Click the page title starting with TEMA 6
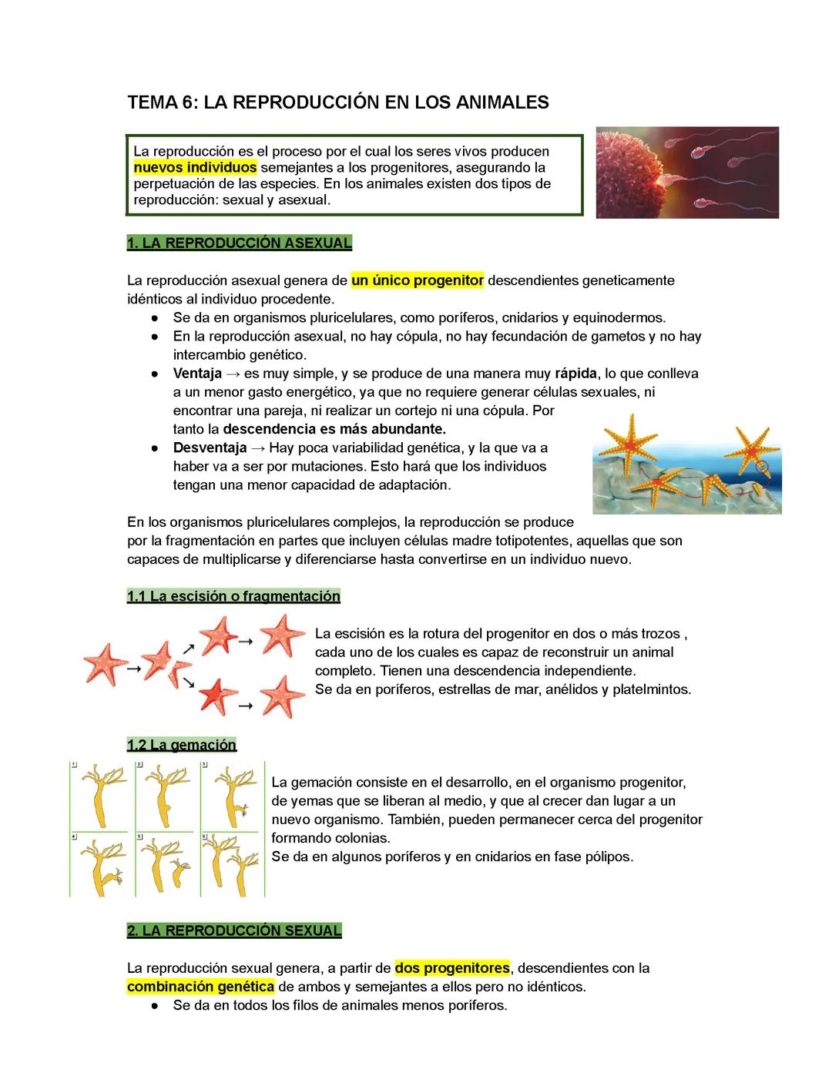click(x=337, y=102)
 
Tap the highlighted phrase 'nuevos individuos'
click(x=195, y=167)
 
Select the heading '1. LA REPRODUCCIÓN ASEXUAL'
click(x=239, y=243)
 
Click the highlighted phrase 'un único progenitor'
click(x=418, y=280)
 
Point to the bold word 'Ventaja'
click(x=197, y=374)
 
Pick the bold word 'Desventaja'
click(x=210, y=447)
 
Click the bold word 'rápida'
click(x=575, y=374)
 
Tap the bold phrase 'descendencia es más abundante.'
click(x=334, y=429)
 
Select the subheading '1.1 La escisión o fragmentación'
click(x=233, y=596)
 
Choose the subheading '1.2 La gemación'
click(x=182, y=745)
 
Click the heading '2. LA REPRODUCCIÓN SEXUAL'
click(x=234, y=930)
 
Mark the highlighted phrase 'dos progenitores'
click(x=452, y=967)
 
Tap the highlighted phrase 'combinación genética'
click(x=200, y=987)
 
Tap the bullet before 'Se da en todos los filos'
click(x=156, y=1006)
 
